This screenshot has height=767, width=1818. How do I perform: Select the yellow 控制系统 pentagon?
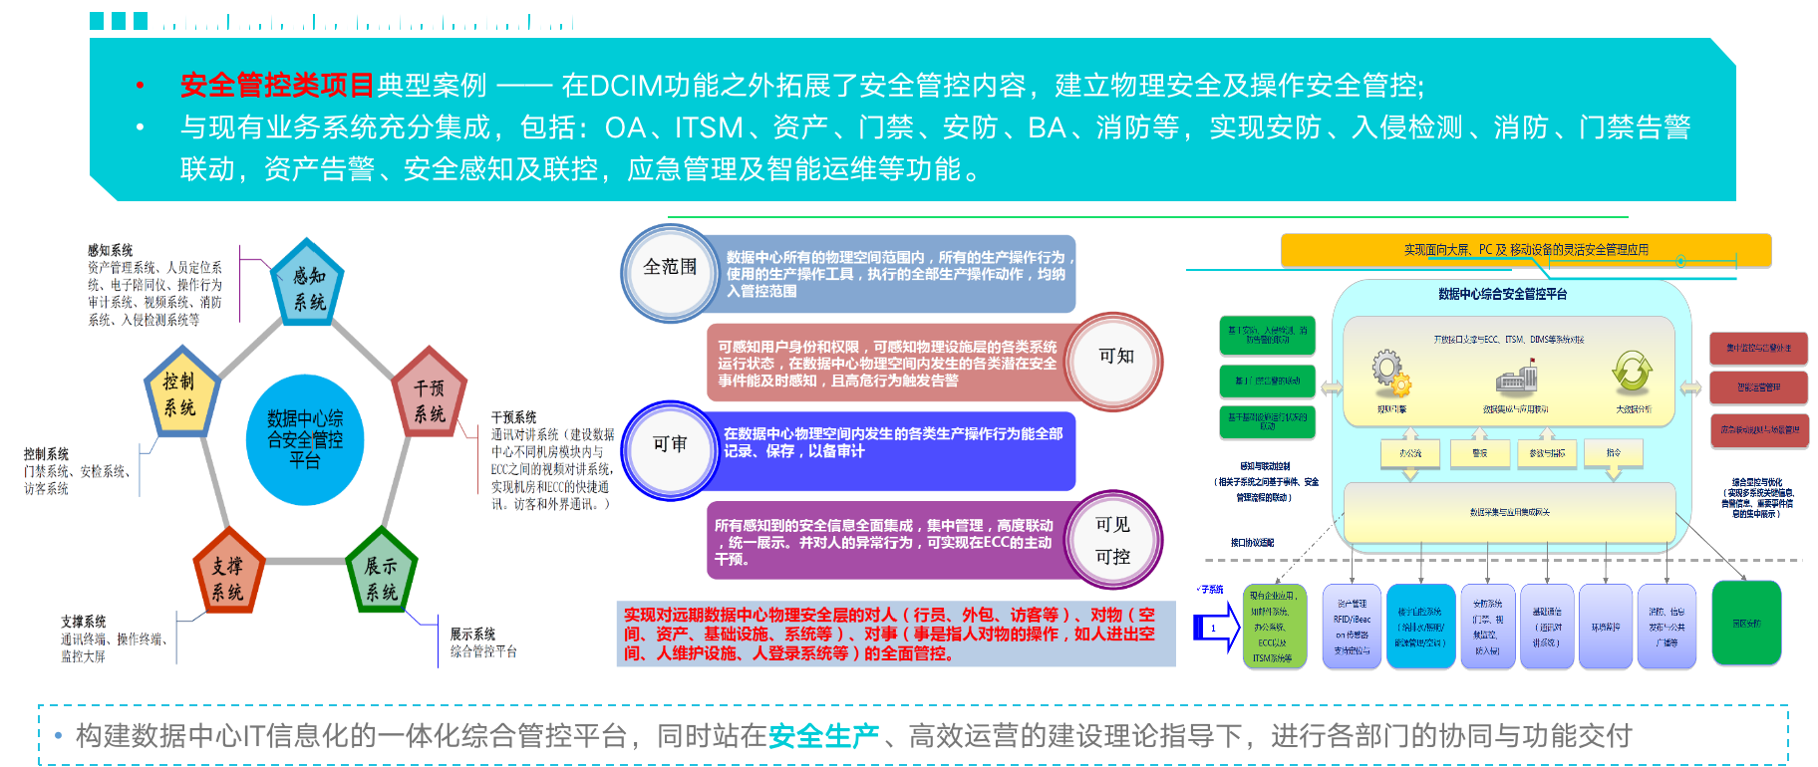[181, 391]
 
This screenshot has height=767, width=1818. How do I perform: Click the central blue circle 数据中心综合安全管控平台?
[305, 438]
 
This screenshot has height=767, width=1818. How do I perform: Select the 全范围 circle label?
[669, 268]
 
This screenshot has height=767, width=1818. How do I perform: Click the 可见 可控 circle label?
[1112, 540]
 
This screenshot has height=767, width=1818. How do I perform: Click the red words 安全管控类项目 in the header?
[277, 86]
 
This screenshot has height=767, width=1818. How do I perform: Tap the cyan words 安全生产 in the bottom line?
[823, 736]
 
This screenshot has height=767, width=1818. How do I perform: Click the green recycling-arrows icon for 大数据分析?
[1632, 373]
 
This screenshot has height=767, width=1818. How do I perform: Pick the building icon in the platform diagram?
[1516, 379]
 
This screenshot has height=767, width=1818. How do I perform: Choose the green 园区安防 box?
[1746, 623]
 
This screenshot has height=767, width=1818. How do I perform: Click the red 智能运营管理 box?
[1758, 387]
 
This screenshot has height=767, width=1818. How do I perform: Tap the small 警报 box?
[1480, 452]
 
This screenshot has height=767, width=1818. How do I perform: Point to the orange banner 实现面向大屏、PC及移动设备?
[1525, 250]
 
